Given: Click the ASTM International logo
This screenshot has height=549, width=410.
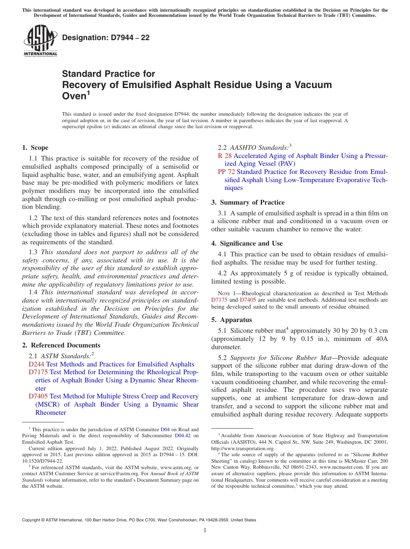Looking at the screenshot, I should [40, 41].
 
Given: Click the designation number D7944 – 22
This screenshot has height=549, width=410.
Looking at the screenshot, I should [106, 38].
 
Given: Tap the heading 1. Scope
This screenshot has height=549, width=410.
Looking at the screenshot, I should [35, 148].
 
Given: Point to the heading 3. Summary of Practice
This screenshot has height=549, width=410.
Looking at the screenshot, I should [248, 202].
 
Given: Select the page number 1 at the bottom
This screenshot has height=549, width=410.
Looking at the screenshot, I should [205, 530].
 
